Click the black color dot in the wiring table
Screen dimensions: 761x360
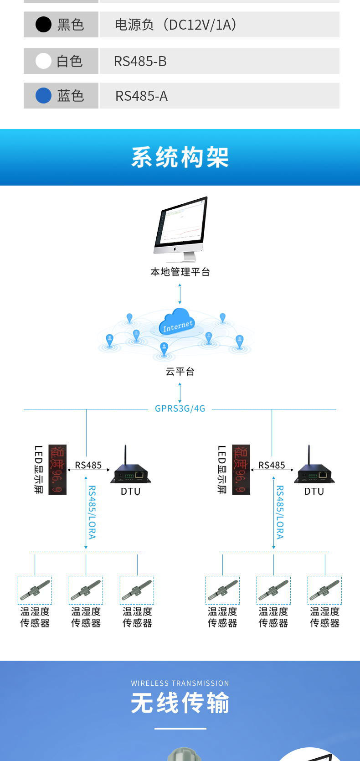click(x=43, y=25)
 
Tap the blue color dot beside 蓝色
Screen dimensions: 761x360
click(x=43, y=96)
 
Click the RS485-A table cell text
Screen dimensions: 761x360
click(x=141, y=96)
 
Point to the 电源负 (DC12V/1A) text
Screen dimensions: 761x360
click(x=175, y=25)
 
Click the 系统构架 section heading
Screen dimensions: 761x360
click(x=180, y=157)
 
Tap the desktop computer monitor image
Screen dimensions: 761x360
click(x=181, y=228)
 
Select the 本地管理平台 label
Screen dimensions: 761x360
click(x=180, y=272)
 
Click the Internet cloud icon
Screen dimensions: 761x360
click(x=177, y=322)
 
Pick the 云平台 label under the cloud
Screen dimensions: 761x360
click(x=180, y=372)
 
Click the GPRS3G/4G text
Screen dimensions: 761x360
click(x=180, y=409)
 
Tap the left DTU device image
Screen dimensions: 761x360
click(x=131, y=470)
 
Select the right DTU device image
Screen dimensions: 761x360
click(x=314, y=470)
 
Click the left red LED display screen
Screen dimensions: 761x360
click(x=57, y=469)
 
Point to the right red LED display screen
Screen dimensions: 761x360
click(x=241, y=469)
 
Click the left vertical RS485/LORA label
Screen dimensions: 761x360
click(x=92, y=513)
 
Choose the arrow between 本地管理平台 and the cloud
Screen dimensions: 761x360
click(x=180, y=294)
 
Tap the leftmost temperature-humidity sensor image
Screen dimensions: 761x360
click(x=35, y=590)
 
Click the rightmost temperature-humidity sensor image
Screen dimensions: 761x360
click(x=324, y=590)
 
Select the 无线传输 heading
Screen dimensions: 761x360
click(x=180, y=703)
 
